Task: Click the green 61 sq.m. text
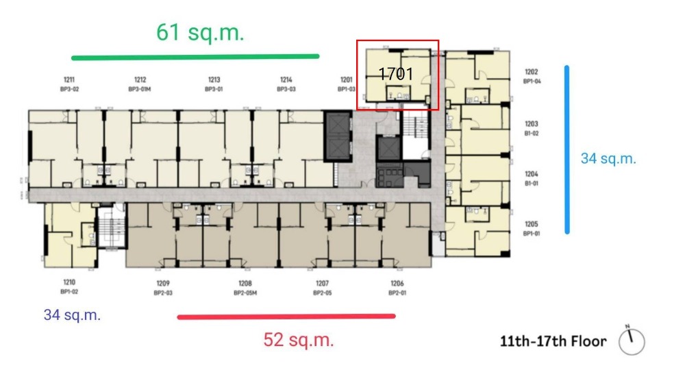[x=200, y=32]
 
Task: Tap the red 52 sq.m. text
[x=299, y=340]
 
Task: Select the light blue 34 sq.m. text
[x=608, y=159]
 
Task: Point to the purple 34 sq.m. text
[x=72, y=315]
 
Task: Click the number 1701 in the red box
[x=396, y=74]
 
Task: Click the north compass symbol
[x=631, y=341]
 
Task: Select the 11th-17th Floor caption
[x=553, y=341]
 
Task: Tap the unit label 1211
[x=68, y=80]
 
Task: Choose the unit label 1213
[x=214, y=80]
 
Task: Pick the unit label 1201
[x=346, y=80]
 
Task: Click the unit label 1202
[x=532, y=72]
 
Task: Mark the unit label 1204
[x=532, y=175]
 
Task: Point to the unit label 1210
[x=68, y=282]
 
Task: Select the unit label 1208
[x=245, y=284]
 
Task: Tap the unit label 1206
[x=397, y=284]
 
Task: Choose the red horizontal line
[x=286, y=317]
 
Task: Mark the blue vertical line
[x=567, y=149]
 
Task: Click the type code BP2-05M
[x=245, y=293]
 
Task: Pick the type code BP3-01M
[x=140, y=89]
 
